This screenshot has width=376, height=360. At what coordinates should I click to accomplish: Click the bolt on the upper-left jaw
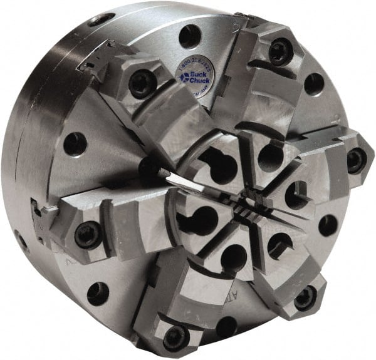[142, 83]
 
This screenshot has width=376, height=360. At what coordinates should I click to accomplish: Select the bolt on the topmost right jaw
[279, 52]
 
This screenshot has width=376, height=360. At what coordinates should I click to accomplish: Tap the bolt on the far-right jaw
[356, 160]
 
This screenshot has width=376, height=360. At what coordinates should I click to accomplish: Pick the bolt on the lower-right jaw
[305, 297]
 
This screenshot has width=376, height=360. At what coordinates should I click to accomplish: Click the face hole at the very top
[189, 36]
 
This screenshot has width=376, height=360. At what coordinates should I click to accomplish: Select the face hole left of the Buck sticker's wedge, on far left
[75, 143]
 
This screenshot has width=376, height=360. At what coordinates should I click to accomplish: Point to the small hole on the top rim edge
[100, 19]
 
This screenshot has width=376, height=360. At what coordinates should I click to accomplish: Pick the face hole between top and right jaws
[313, 83]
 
